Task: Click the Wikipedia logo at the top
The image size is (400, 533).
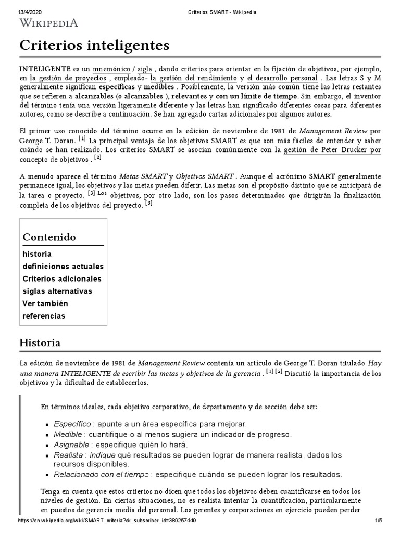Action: [49, 22]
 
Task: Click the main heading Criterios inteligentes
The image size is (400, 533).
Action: [94, 46]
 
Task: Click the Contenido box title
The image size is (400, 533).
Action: [49, 237]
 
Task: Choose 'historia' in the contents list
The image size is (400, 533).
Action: [37, 254]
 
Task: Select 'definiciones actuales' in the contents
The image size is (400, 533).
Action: [63, 266]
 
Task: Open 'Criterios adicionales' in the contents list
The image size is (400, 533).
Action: [62, 278]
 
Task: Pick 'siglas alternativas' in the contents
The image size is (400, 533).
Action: [57, 291]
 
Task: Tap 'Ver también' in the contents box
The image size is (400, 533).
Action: [45, 303]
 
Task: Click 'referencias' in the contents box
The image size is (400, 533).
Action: [44, 316]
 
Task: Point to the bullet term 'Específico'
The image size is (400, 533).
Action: [72, 424]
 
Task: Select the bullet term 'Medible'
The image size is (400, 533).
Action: [68, 434]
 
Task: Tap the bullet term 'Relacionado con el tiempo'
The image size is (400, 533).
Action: [102, 474]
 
